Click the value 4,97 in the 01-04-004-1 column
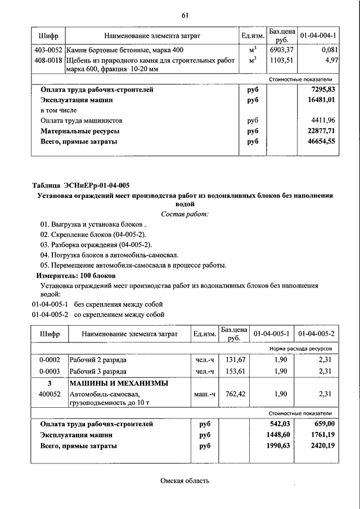pyautogui.click(x=330, y=59)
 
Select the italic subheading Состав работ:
pyautogui.click(x=184, y=214)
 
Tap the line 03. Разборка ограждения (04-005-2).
pyautogui.click(x=96, y=245)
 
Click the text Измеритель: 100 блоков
pyautogui.click(x=75, y=276)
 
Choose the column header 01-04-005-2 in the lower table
pyautogui.click(x=316, y=334)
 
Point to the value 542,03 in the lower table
pyautogui.click(x=277, y=424)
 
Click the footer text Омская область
pyautogui.click(x=184, y=480)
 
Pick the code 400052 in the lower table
pyautogui.click(x=49, y=394)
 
